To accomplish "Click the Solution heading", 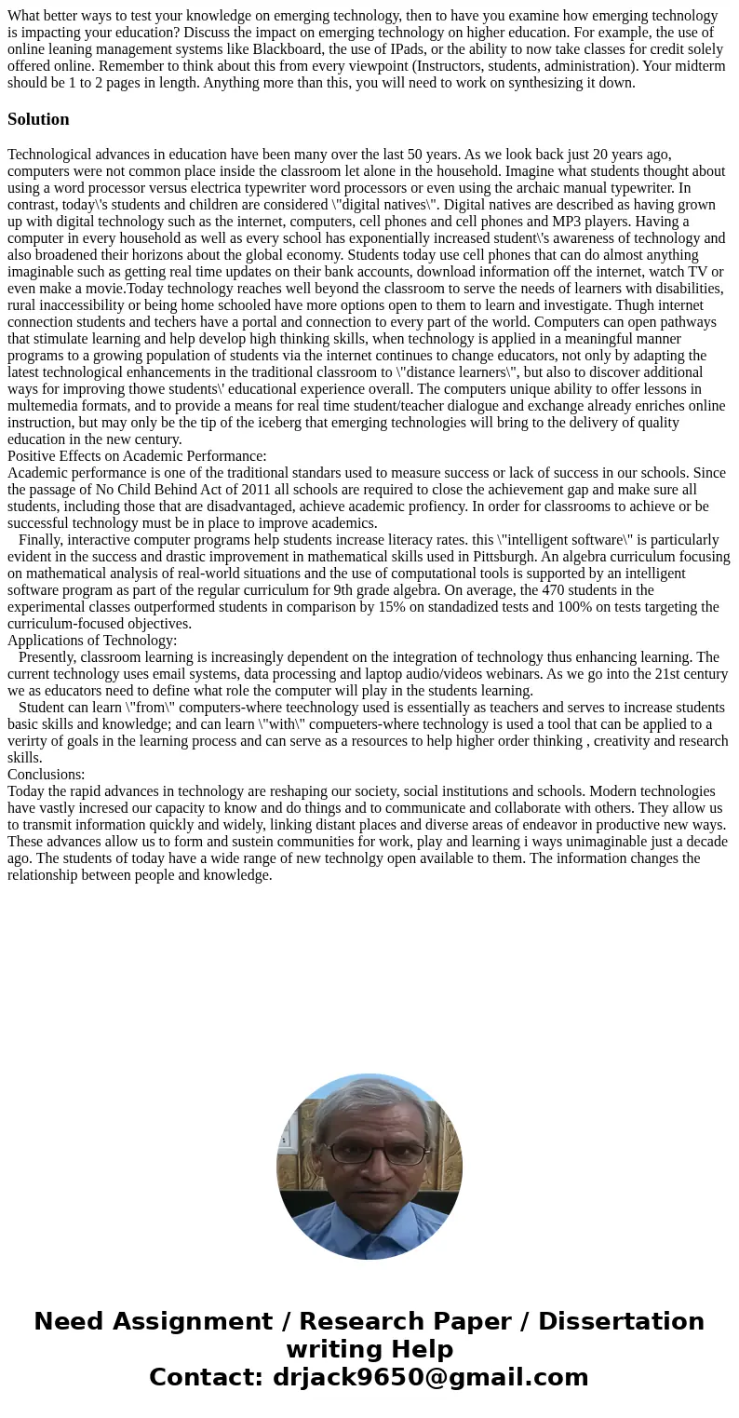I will (38, 119).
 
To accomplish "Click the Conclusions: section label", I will (47, 775).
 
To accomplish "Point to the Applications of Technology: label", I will (92, 641).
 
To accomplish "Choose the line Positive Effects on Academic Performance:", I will (137, 456).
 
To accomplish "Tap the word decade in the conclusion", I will (704, 842).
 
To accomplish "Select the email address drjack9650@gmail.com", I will (430, 1378).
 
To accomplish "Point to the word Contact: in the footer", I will (207, 1378).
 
